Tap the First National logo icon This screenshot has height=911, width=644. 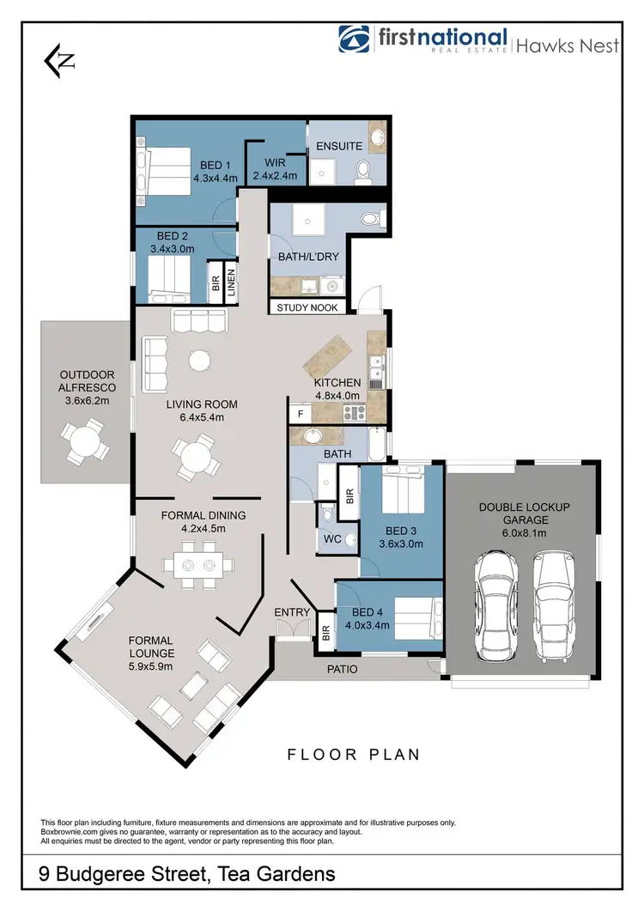coord(354,40)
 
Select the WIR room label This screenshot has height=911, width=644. coord(275,162)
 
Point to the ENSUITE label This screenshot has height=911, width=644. coord(339,146)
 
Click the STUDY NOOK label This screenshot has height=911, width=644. coord(308,307)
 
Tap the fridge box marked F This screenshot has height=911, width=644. coord(300,413)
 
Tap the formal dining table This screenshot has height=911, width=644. coord(197,566)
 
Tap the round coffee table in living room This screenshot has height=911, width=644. coord(200,359)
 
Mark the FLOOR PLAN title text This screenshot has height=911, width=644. coord(353,755)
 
